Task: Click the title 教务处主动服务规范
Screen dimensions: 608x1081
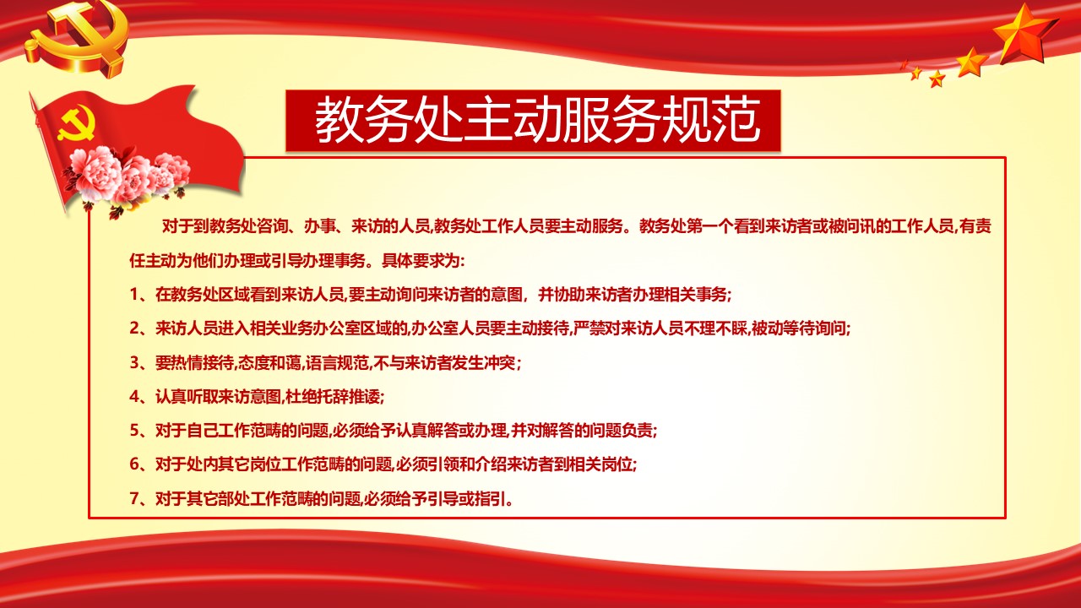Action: (x=538, y=122)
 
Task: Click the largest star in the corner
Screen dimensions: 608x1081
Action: (x=1025, y=34)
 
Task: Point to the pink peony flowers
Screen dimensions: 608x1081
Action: (x=127, y=173)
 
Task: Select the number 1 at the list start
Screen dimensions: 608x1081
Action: (x=134, y=295)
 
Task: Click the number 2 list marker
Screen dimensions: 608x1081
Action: (x=134, y=328)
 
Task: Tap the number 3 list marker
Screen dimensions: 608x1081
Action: (x=134, y=363)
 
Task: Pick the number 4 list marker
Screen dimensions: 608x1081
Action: (x=134, y=397)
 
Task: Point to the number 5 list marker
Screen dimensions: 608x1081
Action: (x=134, y=431)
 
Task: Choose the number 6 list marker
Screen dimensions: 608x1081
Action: (x=134, y=464)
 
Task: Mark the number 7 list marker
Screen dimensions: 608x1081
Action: (x=134, y=498)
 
